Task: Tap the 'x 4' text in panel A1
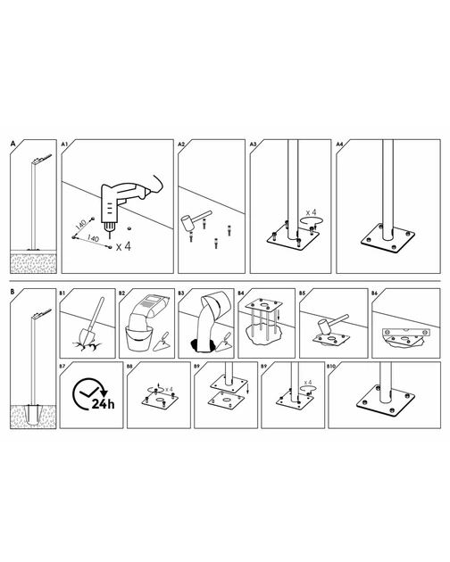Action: coord(123,246)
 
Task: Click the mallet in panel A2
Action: coord(194,220)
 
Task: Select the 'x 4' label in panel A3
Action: coord(311,213)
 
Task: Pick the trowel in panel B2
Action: coord(161,342)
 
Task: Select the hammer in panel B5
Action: coord(331,324)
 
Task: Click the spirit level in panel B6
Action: coord(406,331)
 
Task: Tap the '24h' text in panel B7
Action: coord(104,404)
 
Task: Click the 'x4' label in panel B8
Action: coord(169,389)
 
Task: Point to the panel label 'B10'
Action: coord(331,367)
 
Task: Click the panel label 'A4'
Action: coord(339,145)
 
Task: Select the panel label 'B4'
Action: coord(241,293)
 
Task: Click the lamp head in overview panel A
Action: coord(42,159)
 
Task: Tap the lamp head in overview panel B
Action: coord(42,313)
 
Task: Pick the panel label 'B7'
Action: coord(62,367)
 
